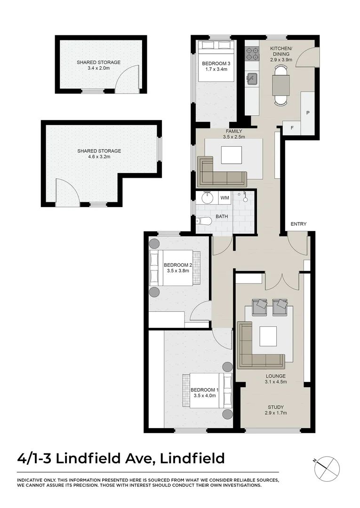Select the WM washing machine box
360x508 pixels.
[225, 198]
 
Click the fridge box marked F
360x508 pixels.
[292, 128]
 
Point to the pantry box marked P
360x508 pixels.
[308, 113]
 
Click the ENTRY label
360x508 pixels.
[298, 224]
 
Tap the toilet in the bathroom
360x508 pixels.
[203, 221]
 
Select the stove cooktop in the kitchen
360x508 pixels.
[252, 53]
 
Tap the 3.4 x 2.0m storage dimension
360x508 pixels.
[99, 68]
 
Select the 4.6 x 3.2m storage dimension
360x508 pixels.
[99, 157]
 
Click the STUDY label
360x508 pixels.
[275, 407]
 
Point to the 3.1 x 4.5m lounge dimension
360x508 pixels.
[275, 381]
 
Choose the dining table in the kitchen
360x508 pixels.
[281, 85]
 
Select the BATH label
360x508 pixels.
[222, 217]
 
